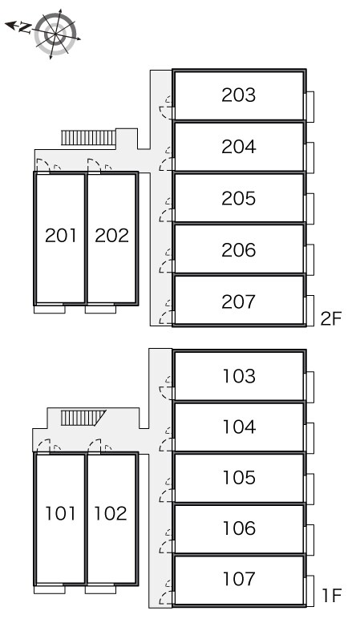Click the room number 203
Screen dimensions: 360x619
tap(238, 95)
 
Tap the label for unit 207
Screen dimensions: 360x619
tap(238, 301)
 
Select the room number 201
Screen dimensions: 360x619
tap(60, 235)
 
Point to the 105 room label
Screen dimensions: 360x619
tap(239, 477)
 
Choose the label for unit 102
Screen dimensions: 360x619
tap(111, 513)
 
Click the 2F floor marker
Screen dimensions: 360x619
tap(331, 318)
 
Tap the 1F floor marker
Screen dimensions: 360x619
tap(332, 596)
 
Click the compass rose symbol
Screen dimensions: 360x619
tap(55, 34)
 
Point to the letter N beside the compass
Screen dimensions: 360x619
tap(25, 27)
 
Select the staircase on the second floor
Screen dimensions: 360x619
tap(88, 138)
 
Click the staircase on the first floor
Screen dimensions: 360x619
tap(83, 418)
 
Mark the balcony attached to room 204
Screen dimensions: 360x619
tap(309, 157)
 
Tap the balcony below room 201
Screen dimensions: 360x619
tap(50, 309)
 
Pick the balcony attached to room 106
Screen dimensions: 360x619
tap(309, 540)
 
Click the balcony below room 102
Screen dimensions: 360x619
tap(100, 589)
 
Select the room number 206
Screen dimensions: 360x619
tap(238, 250)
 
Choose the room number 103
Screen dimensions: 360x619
tap(239, 376)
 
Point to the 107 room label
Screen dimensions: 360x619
tap(239, 579)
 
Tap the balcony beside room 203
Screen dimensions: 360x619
tap(309, 107)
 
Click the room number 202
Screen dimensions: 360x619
tap(111, 235)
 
